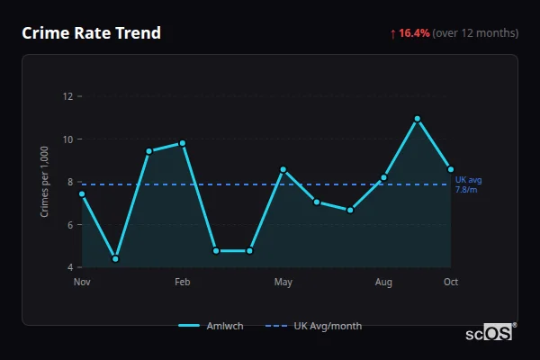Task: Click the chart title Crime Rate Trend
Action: [92, 33]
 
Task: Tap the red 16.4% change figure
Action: [415, 33]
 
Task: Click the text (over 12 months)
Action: [475, 33]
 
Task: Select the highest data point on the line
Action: [418, 119]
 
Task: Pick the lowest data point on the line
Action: [115, 259]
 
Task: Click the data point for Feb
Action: [183, 143]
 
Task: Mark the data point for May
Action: [283, 169]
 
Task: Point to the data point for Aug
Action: [384, 177]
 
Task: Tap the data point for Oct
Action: [451, 169]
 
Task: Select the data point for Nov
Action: [82, 193]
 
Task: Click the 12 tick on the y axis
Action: [67, 96]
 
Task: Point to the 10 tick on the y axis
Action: [67, 139]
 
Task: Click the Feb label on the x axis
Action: [183, 283]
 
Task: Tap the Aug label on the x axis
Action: [384, 283]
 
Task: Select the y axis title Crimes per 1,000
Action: [45, 182]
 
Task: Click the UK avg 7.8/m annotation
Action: [468, 184]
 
